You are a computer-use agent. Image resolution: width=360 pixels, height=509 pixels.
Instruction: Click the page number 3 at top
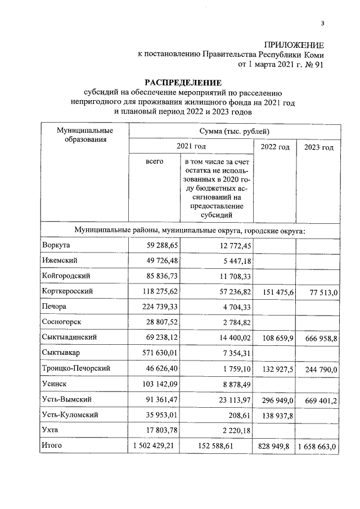click(323, 23)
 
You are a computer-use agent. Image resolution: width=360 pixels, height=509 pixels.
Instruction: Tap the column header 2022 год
click(276, 147)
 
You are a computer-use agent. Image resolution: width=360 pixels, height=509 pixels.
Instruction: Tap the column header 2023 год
click(318, 147)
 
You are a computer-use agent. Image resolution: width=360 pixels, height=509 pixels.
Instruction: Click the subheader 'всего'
click(155, 161)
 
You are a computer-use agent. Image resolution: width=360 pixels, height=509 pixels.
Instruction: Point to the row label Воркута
click(57, 246)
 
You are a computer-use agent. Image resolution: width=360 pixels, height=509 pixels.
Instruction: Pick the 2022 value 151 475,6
click(276, 292)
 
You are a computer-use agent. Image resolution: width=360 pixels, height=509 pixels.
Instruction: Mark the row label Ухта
click(51, 430)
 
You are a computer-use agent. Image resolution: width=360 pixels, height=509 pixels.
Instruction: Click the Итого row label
click(52, 445)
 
